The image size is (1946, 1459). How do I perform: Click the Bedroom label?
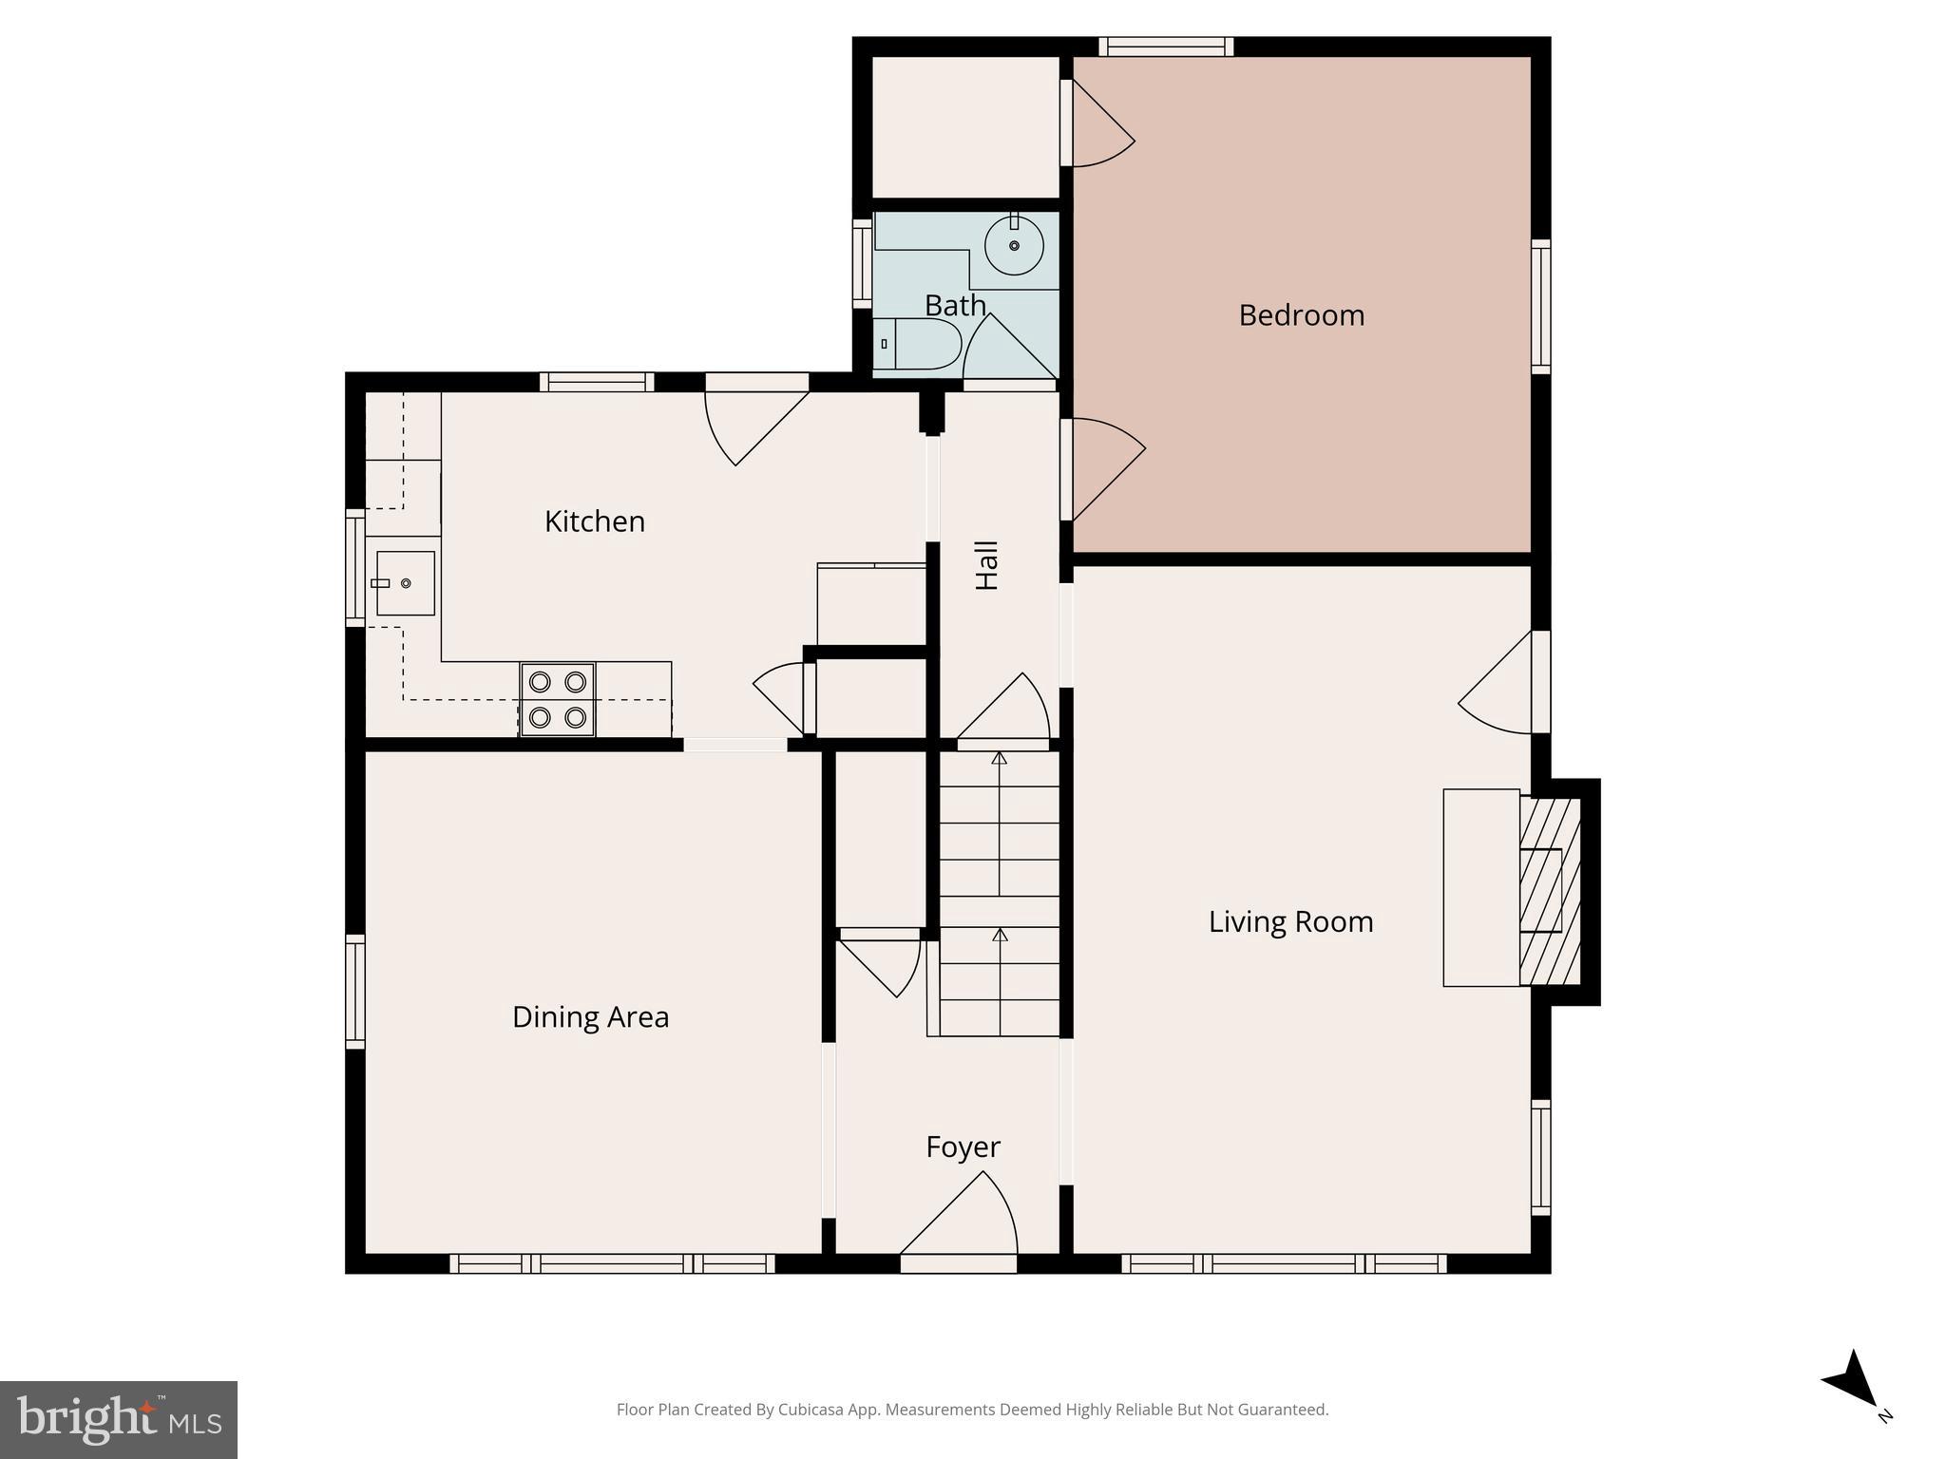1301,315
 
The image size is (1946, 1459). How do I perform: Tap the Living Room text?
1290,921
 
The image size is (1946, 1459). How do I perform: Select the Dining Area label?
590,1017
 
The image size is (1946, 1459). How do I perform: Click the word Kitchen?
595,521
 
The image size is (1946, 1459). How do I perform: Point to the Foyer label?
963,1147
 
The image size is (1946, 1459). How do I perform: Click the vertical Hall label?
987,565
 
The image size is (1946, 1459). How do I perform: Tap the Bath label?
955,306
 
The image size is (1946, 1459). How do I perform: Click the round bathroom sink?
1014,245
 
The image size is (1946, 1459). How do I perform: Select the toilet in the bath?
918,344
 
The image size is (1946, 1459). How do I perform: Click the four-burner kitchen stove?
558,699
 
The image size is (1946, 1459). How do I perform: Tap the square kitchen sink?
406,583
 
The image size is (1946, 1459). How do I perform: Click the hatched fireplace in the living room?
1549,891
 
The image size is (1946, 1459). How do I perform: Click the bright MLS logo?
119,1419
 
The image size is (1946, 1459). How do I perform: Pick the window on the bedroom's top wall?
1166,47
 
